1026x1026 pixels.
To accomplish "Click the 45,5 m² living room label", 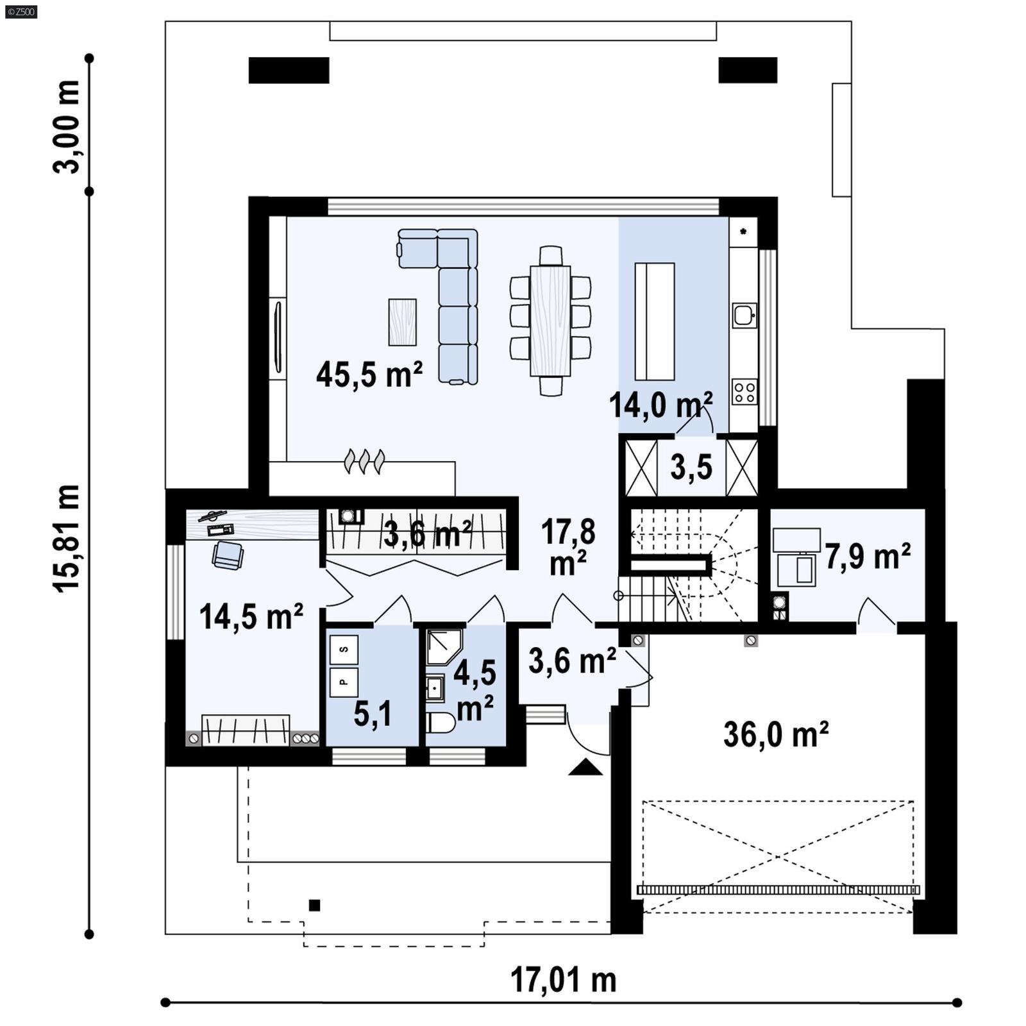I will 369,374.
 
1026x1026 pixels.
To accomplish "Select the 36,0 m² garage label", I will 776,734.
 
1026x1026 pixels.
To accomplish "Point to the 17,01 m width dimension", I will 563,980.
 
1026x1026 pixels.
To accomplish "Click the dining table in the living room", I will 550,321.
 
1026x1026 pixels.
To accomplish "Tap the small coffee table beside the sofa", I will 402,322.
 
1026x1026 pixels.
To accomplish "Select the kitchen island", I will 654,321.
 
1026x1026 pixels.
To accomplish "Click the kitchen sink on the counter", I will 744,315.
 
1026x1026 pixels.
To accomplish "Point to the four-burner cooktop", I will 744,391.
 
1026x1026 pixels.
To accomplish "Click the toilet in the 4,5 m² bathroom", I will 440,723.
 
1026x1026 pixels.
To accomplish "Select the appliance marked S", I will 344,650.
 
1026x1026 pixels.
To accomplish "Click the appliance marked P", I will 344,682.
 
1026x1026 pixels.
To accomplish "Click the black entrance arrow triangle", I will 585,768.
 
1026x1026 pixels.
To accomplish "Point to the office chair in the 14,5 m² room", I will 228,555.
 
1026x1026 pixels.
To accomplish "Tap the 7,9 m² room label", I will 867,557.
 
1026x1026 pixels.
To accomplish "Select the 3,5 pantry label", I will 691,467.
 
